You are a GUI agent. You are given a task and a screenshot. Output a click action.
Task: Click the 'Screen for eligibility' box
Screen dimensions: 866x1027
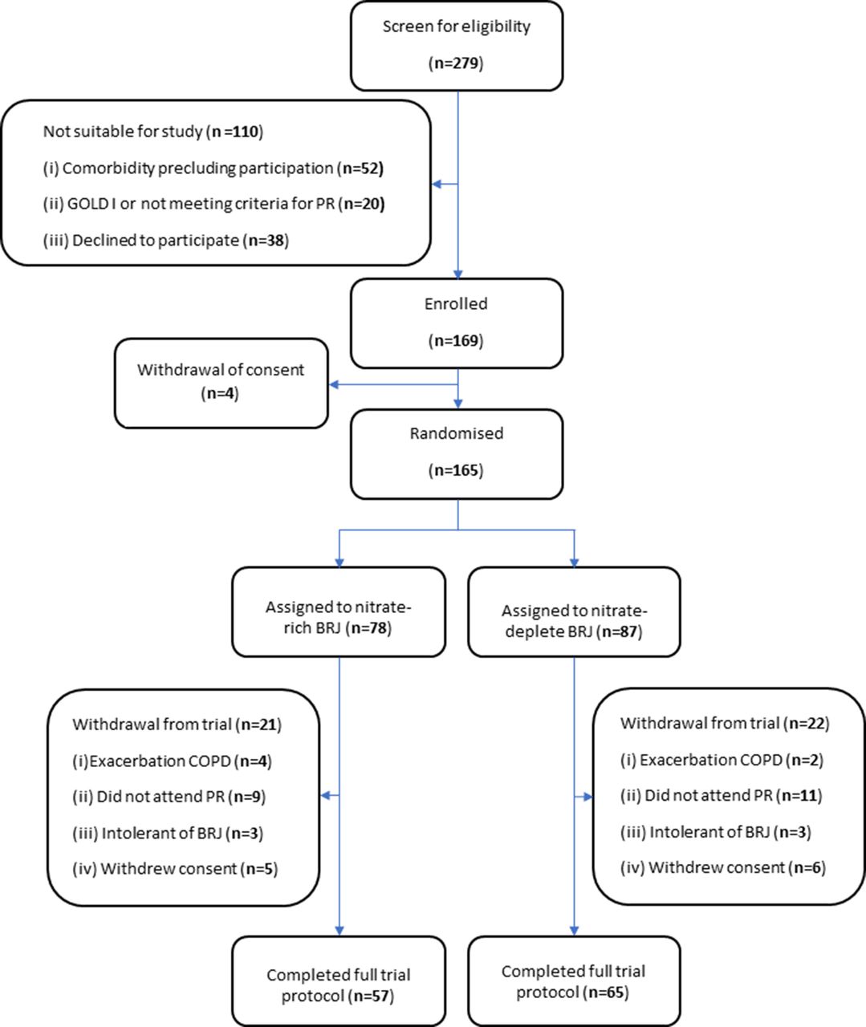pos(457,47)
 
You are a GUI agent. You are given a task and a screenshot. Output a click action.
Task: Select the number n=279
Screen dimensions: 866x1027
pos(456,63)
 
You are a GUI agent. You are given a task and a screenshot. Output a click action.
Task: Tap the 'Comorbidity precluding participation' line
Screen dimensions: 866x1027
pos(213,168)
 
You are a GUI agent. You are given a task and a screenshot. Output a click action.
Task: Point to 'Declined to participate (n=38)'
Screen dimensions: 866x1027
pos(166,241)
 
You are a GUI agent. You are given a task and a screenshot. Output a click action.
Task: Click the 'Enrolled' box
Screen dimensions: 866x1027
pos(457,323)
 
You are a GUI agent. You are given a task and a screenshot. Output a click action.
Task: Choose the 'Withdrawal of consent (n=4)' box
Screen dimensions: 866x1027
pos(222,384)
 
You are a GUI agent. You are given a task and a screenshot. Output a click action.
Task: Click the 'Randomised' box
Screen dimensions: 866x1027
pos(457,454)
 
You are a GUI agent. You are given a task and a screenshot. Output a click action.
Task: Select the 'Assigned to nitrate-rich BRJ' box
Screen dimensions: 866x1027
pos(339,612)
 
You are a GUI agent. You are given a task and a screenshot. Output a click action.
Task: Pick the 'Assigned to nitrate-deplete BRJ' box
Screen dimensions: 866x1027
pos(574,612)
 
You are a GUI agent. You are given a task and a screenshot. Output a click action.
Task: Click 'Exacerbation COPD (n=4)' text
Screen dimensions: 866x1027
pos(173,761)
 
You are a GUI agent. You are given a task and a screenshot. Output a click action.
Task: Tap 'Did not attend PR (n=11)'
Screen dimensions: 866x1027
pos(722,795)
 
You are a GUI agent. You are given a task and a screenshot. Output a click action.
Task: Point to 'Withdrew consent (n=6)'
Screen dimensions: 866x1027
pos(723,867)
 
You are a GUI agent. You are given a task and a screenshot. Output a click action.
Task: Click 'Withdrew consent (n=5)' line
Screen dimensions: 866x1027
pos(175,869)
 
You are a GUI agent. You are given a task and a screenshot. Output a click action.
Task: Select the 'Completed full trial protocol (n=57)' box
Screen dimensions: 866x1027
pos(339,981)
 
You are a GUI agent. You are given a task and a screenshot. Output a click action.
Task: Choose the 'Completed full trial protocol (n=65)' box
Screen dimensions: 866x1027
pos(574,981)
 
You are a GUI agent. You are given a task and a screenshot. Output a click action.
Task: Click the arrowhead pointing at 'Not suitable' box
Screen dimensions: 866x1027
pos(437,185)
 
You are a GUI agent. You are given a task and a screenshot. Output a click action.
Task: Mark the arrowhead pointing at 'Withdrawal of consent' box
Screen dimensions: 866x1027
pos(334,384)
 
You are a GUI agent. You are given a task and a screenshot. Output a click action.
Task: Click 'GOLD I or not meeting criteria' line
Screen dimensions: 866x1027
pos(214,204)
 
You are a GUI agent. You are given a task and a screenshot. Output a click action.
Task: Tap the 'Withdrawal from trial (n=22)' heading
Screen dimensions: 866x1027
pos(725,724)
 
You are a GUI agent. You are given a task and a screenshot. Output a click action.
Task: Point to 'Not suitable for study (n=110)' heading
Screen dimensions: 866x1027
pos(153,132)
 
